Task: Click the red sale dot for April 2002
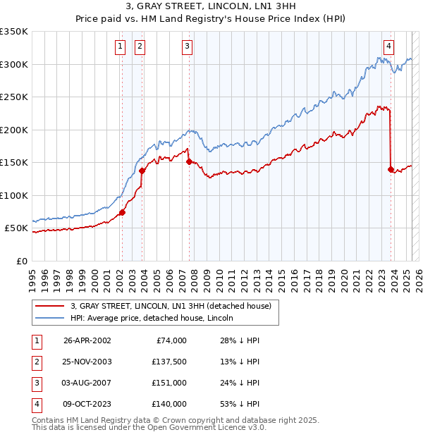pos(122,212)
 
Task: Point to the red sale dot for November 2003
pos(142,171)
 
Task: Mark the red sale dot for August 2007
pos(189,161)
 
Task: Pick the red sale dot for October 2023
pos(391,168)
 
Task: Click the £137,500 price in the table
pos(169,362)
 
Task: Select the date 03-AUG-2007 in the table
pos(87,383)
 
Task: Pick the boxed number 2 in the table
pos(35,362)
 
